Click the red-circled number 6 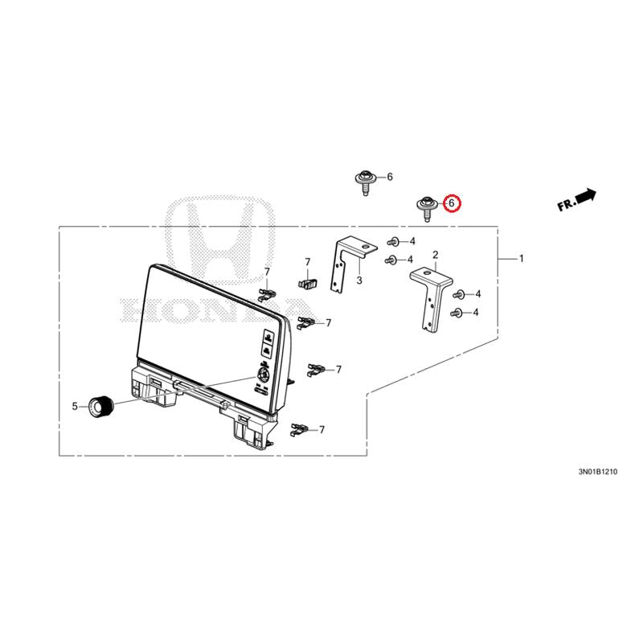(452, 203)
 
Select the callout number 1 (521, 259)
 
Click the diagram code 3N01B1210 (597, 472)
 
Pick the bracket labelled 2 (432, 298)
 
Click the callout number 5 (75, 407)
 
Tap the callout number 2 (435, 255)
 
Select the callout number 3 (359, 281)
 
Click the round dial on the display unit (262, 375)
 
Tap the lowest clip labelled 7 (299, 430)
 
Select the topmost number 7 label (308, 262)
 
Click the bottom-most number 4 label (475, 313)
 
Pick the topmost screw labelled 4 (393, 242)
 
